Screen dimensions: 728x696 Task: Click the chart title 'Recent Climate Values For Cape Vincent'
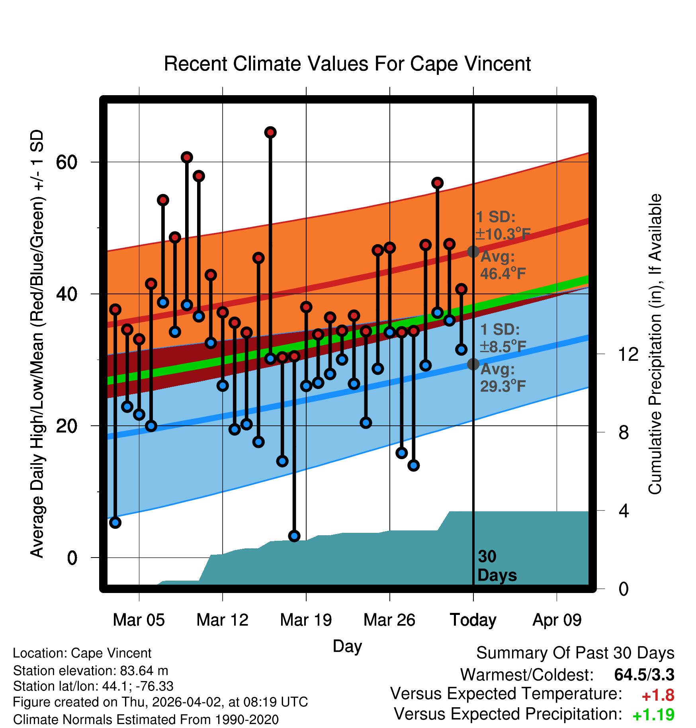(347, 64)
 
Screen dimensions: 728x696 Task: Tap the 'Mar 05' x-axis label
(139, 620)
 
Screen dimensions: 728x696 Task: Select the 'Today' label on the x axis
(473, 620)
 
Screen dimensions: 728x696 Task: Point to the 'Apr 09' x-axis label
(557, 620)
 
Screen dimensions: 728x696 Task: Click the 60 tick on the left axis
(66, 162)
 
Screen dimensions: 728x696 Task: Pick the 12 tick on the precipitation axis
(628, 354)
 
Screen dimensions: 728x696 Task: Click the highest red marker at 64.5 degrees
(270, 132)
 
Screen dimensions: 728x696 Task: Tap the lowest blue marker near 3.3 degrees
(294, 536)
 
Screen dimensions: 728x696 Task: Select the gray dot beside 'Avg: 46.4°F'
(473, 252)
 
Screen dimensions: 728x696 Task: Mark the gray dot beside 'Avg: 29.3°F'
(473, 364)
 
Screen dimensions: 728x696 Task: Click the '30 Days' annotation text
(497, 566)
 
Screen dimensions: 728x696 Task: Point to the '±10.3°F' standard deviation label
(503, 234)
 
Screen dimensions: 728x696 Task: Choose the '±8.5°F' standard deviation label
(503, 347)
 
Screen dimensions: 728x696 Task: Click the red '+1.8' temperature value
(658, 695)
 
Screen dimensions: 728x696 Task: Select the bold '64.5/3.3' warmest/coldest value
(644, 675)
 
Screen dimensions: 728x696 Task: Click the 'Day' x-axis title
(347, 646)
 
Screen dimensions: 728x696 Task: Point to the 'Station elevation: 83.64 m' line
(90, 671)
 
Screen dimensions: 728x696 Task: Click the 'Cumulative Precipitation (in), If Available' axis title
(655, 344)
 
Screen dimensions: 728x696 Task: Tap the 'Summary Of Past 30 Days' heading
(575, 653)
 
